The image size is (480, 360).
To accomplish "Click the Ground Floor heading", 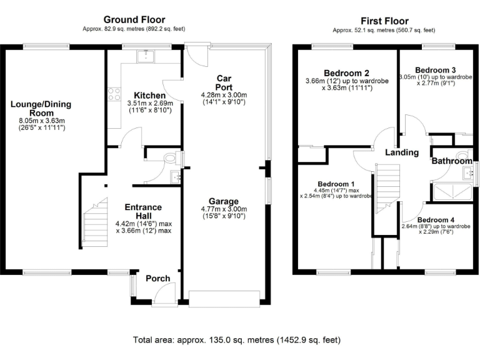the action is click(134, 20).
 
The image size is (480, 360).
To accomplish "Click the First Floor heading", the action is click(384, 21).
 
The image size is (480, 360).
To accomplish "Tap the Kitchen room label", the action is click(150, 95).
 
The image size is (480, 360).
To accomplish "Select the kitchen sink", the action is click(146, 56).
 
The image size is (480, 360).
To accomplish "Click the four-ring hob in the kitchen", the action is click(114, 94).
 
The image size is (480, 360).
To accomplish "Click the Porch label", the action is click(158, 279).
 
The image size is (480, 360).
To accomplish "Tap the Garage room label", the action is click(224, 201).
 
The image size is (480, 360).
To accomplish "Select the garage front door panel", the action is click(224, 299).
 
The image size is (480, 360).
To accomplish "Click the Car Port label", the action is click(224, 82).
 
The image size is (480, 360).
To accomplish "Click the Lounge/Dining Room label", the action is click(41, 108).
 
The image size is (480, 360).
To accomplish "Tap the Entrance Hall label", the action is click(143, 211).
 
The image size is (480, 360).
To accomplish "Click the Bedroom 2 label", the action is click(346, 73).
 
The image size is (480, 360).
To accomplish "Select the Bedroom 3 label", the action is click(435, 70).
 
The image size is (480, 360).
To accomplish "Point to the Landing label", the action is click(402, 152).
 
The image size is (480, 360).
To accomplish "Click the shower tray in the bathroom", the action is click(452, 192).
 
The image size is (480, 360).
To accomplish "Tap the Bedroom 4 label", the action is click(436, 220).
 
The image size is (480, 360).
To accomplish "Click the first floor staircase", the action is click(387, 189).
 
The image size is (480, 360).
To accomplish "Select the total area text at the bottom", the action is click(237, 340).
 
